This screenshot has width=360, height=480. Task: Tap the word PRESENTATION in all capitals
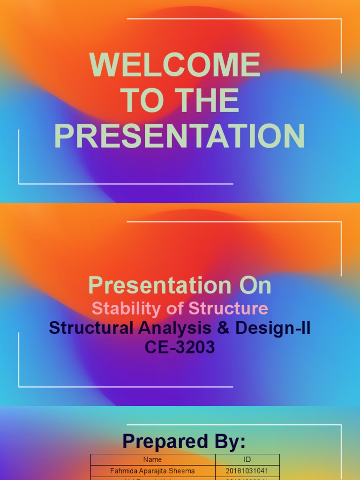click(x=180, y=136)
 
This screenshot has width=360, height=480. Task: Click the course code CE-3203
click(x=180, y=348)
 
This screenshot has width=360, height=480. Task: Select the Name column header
click(x=153, y=459)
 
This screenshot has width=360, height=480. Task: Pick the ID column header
click(x=247, y=459)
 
